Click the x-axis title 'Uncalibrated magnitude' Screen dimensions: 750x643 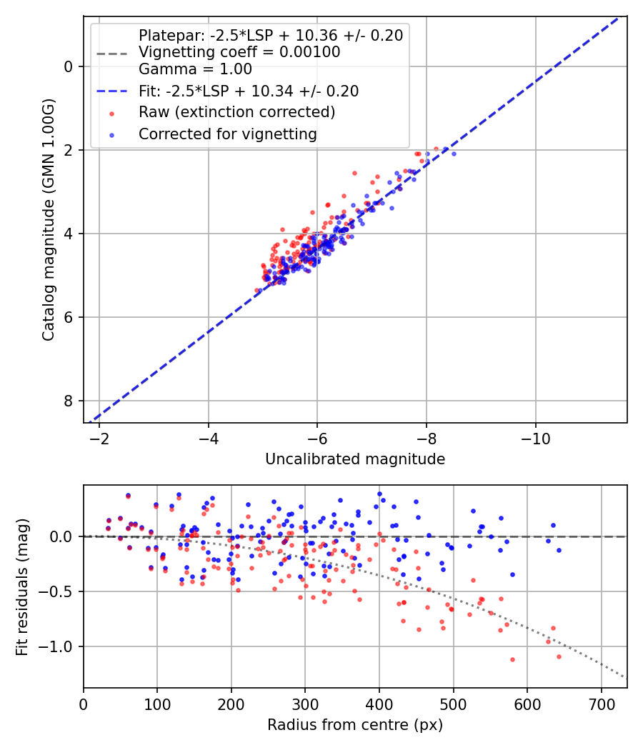click(355, 459)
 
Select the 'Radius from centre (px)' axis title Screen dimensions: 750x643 click(355, 725)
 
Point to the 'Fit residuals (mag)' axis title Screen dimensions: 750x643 click(22, 586)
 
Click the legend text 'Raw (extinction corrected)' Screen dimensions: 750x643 click(236, 112)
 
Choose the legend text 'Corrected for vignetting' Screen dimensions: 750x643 click(228, 134)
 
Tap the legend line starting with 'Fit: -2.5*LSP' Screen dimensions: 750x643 click(249, 91)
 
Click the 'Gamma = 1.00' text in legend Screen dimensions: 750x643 click(195, 69)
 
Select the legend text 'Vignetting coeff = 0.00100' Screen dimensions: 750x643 click(239, 52)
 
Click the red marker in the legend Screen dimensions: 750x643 click(111, 112)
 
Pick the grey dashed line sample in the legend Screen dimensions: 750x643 click(111, 53)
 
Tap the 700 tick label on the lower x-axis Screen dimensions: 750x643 click(601, 704)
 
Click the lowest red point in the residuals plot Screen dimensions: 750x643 click(512, 659)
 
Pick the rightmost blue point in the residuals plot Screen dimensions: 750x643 click(559, 550)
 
